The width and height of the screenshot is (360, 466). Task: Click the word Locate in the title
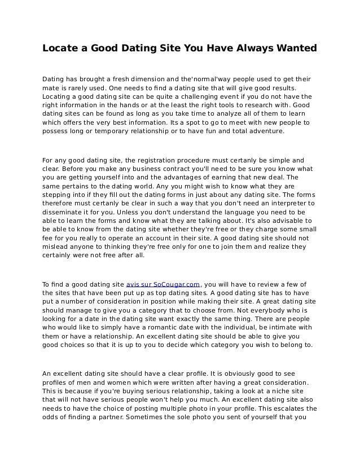pyautogui.click(x=61, y=49)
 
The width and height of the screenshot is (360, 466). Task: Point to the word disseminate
pyautogui.click(x=63, y=211)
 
